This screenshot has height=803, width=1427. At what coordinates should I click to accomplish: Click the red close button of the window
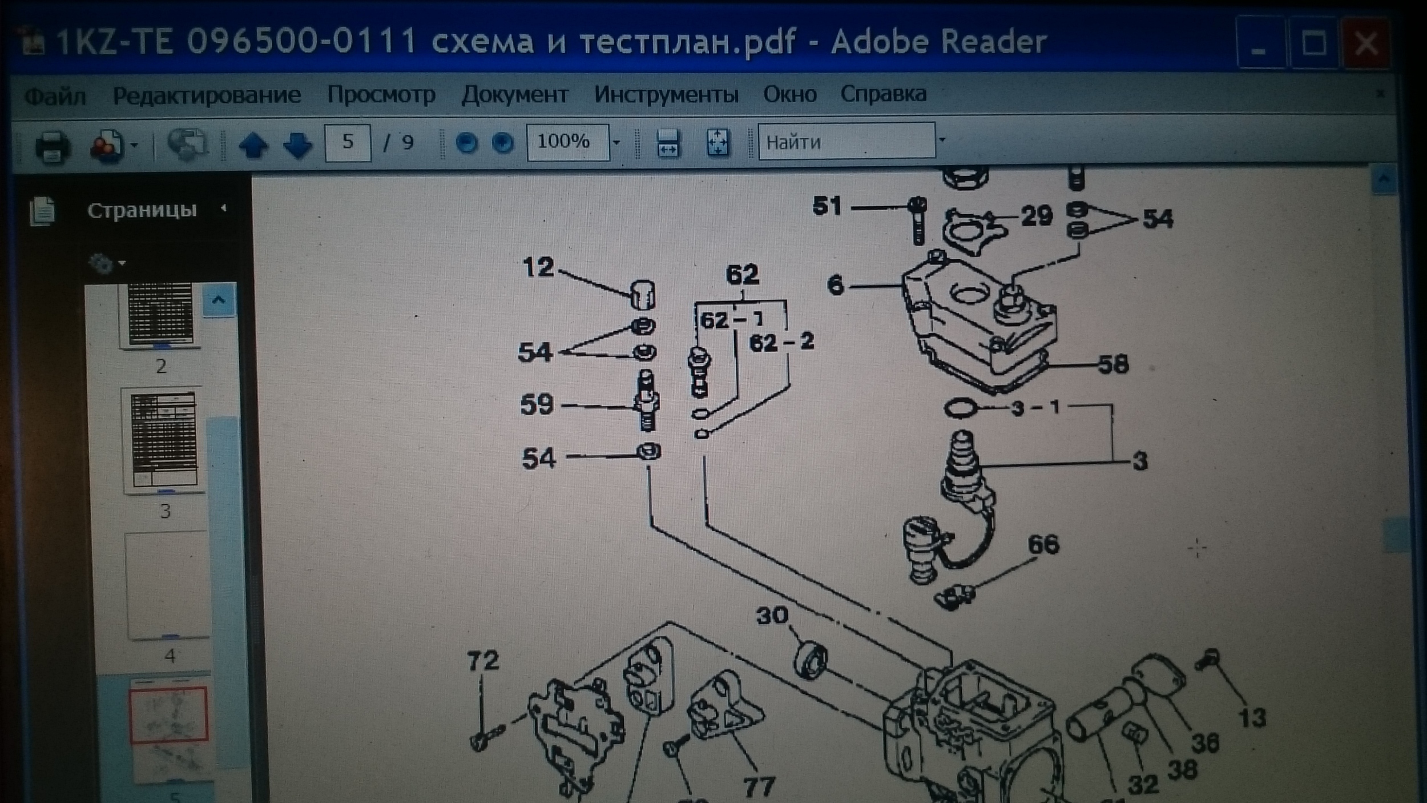pyautogui.click(x=1365, y=43)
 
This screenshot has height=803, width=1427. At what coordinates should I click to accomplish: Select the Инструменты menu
pyautogui.click(x=666, y=94)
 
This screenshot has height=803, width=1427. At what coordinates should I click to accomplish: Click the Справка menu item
pyautogui.click(x=882, y=94)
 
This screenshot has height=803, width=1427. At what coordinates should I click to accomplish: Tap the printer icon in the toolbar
pyautogui.click(x=53, y=146)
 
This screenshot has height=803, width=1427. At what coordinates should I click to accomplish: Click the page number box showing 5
pyautogui.click(x=347, y=142)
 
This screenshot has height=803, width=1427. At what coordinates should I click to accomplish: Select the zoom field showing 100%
pyautogui.click(x=567, y=142)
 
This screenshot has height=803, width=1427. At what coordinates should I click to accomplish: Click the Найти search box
pyautogui.click(x=846, y=141)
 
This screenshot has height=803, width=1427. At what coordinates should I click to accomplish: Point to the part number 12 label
pyautogui.click(x=538, y=267)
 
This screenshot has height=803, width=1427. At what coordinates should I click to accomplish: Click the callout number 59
pyautogui.click(x=537, y=404)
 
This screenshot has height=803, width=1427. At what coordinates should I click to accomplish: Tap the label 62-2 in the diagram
pyautogui.click(x=781, y=342)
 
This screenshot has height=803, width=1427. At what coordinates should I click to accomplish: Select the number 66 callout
pyautogui.click(x=1043, y=544)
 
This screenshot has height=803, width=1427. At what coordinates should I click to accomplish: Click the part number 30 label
pyautogui.click(x=772, y=616)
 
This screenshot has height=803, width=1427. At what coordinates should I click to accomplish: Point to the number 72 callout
pyautogui.click(x=483, y=661)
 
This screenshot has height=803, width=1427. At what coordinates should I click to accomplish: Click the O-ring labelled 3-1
pyautogui.click(x=960, y=408)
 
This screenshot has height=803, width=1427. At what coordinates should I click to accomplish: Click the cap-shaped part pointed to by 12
pyautogui.click(x=643, y=295)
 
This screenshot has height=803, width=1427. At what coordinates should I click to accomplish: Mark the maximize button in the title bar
pyautogui.click(x=1313, y=43)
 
